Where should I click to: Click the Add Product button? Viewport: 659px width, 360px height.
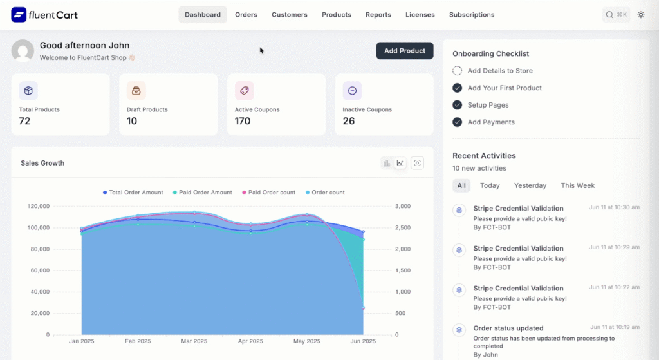405,51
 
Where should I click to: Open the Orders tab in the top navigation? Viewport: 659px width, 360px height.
246,15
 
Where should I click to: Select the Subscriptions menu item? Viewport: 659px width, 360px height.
472,15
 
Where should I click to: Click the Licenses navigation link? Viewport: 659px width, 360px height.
420,15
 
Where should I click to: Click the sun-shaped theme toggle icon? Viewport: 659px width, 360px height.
641,15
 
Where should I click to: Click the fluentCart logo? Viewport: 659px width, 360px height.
44,14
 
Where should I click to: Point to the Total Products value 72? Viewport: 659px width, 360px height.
24,121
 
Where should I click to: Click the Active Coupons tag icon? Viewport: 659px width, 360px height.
244,91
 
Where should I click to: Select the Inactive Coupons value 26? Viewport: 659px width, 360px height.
349,121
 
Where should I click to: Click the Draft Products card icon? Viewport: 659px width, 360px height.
136,91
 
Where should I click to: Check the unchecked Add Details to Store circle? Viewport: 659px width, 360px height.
457,71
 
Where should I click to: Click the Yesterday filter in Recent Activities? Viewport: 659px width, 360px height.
530,185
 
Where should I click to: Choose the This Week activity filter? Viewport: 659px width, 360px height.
577,185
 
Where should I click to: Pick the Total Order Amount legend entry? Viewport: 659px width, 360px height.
133,193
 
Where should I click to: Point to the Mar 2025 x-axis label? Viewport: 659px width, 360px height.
194,341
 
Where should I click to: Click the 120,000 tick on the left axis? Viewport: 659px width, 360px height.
38,206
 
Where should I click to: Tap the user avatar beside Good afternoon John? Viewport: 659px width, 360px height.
23,51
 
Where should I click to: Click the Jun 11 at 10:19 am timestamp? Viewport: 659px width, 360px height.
614,327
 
